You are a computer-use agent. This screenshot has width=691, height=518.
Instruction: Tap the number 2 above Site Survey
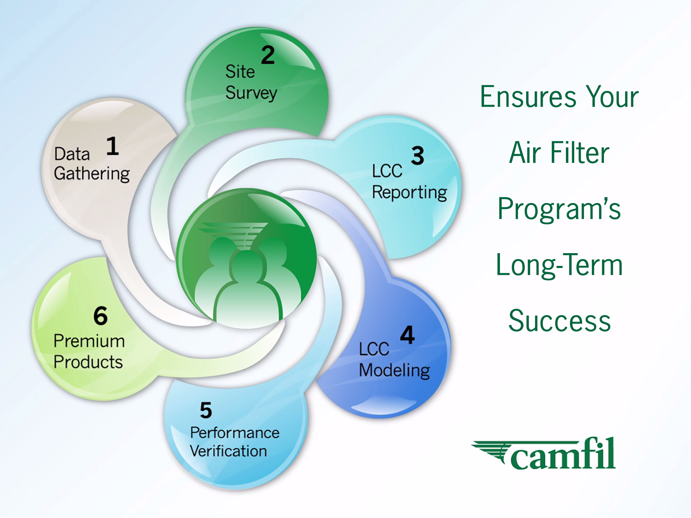[268, 55]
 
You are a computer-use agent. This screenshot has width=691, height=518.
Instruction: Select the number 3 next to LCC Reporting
[418, 155]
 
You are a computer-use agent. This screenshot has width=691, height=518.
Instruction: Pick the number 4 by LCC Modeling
[408, 335]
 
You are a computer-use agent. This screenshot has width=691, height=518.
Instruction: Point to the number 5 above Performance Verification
[206, 410]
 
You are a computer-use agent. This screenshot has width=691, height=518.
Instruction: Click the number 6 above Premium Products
[101, 316]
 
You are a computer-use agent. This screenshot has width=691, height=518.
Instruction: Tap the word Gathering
[92, 174]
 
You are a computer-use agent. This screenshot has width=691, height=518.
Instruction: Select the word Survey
[251, 93]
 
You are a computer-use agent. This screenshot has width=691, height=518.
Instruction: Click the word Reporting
[410, 193]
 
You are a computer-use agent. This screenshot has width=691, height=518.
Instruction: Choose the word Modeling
[395, 371]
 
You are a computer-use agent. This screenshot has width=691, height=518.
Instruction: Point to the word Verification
[228, 451]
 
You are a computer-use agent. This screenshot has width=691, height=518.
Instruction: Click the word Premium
[89, 341]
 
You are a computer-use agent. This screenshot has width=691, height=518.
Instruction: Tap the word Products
[88, 362]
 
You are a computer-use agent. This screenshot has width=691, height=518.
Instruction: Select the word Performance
[235, 433]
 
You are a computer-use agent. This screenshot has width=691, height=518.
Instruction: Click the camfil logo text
[562, 453]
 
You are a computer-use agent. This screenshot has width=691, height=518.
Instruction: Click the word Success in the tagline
[560, 321]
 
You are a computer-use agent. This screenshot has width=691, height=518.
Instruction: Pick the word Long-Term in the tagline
[559, 265]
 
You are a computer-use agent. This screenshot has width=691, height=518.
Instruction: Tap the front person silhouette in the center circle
[247, 285]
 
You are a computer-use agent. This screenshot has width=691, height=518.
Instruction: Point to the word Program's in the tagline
[559, 209]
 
